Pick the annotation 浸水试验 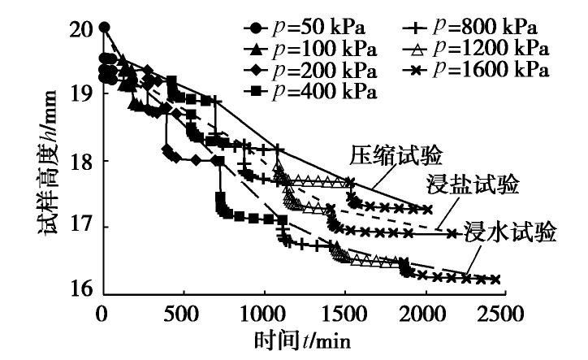509,233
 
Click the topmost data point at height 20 104,28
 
